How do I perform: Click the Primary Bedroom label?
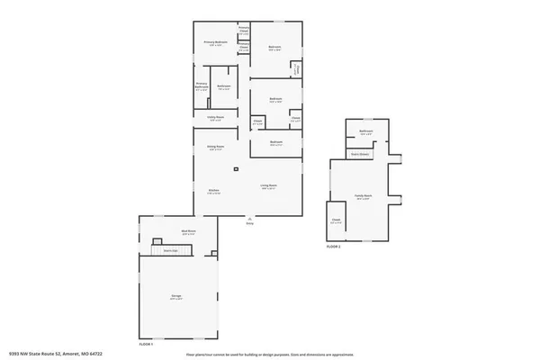[x=212, y=42]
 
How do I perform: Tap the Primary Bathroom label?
[x=202, y=87]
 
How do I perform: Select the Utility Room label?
[x=215, y=117]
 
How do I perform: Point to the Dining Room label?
[x=216, y=148]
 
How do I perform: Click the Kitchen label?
[x=214, y=191]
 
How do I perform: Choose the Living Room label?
[x=268, y=186]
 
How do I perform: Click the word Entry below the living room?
[x=249, y=223]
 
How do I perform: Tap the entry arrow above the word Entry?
[x=249, y=218]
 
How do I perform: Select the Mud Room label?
[x=189, y=232]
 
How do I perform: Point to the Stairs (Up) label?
[x=170, y=251]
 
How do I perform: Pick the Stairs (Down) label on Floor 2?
[x=360, y=154]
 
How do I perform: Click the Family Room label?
[x=364, y=195]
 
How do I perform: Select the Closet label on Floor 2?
[x=336, y=219]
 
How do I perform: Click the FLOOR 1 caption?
[x=146, y=345]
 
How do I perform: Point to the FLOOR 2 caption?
[x=333, y=246]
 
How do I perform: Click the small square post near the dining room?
[x=236, y=168]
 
